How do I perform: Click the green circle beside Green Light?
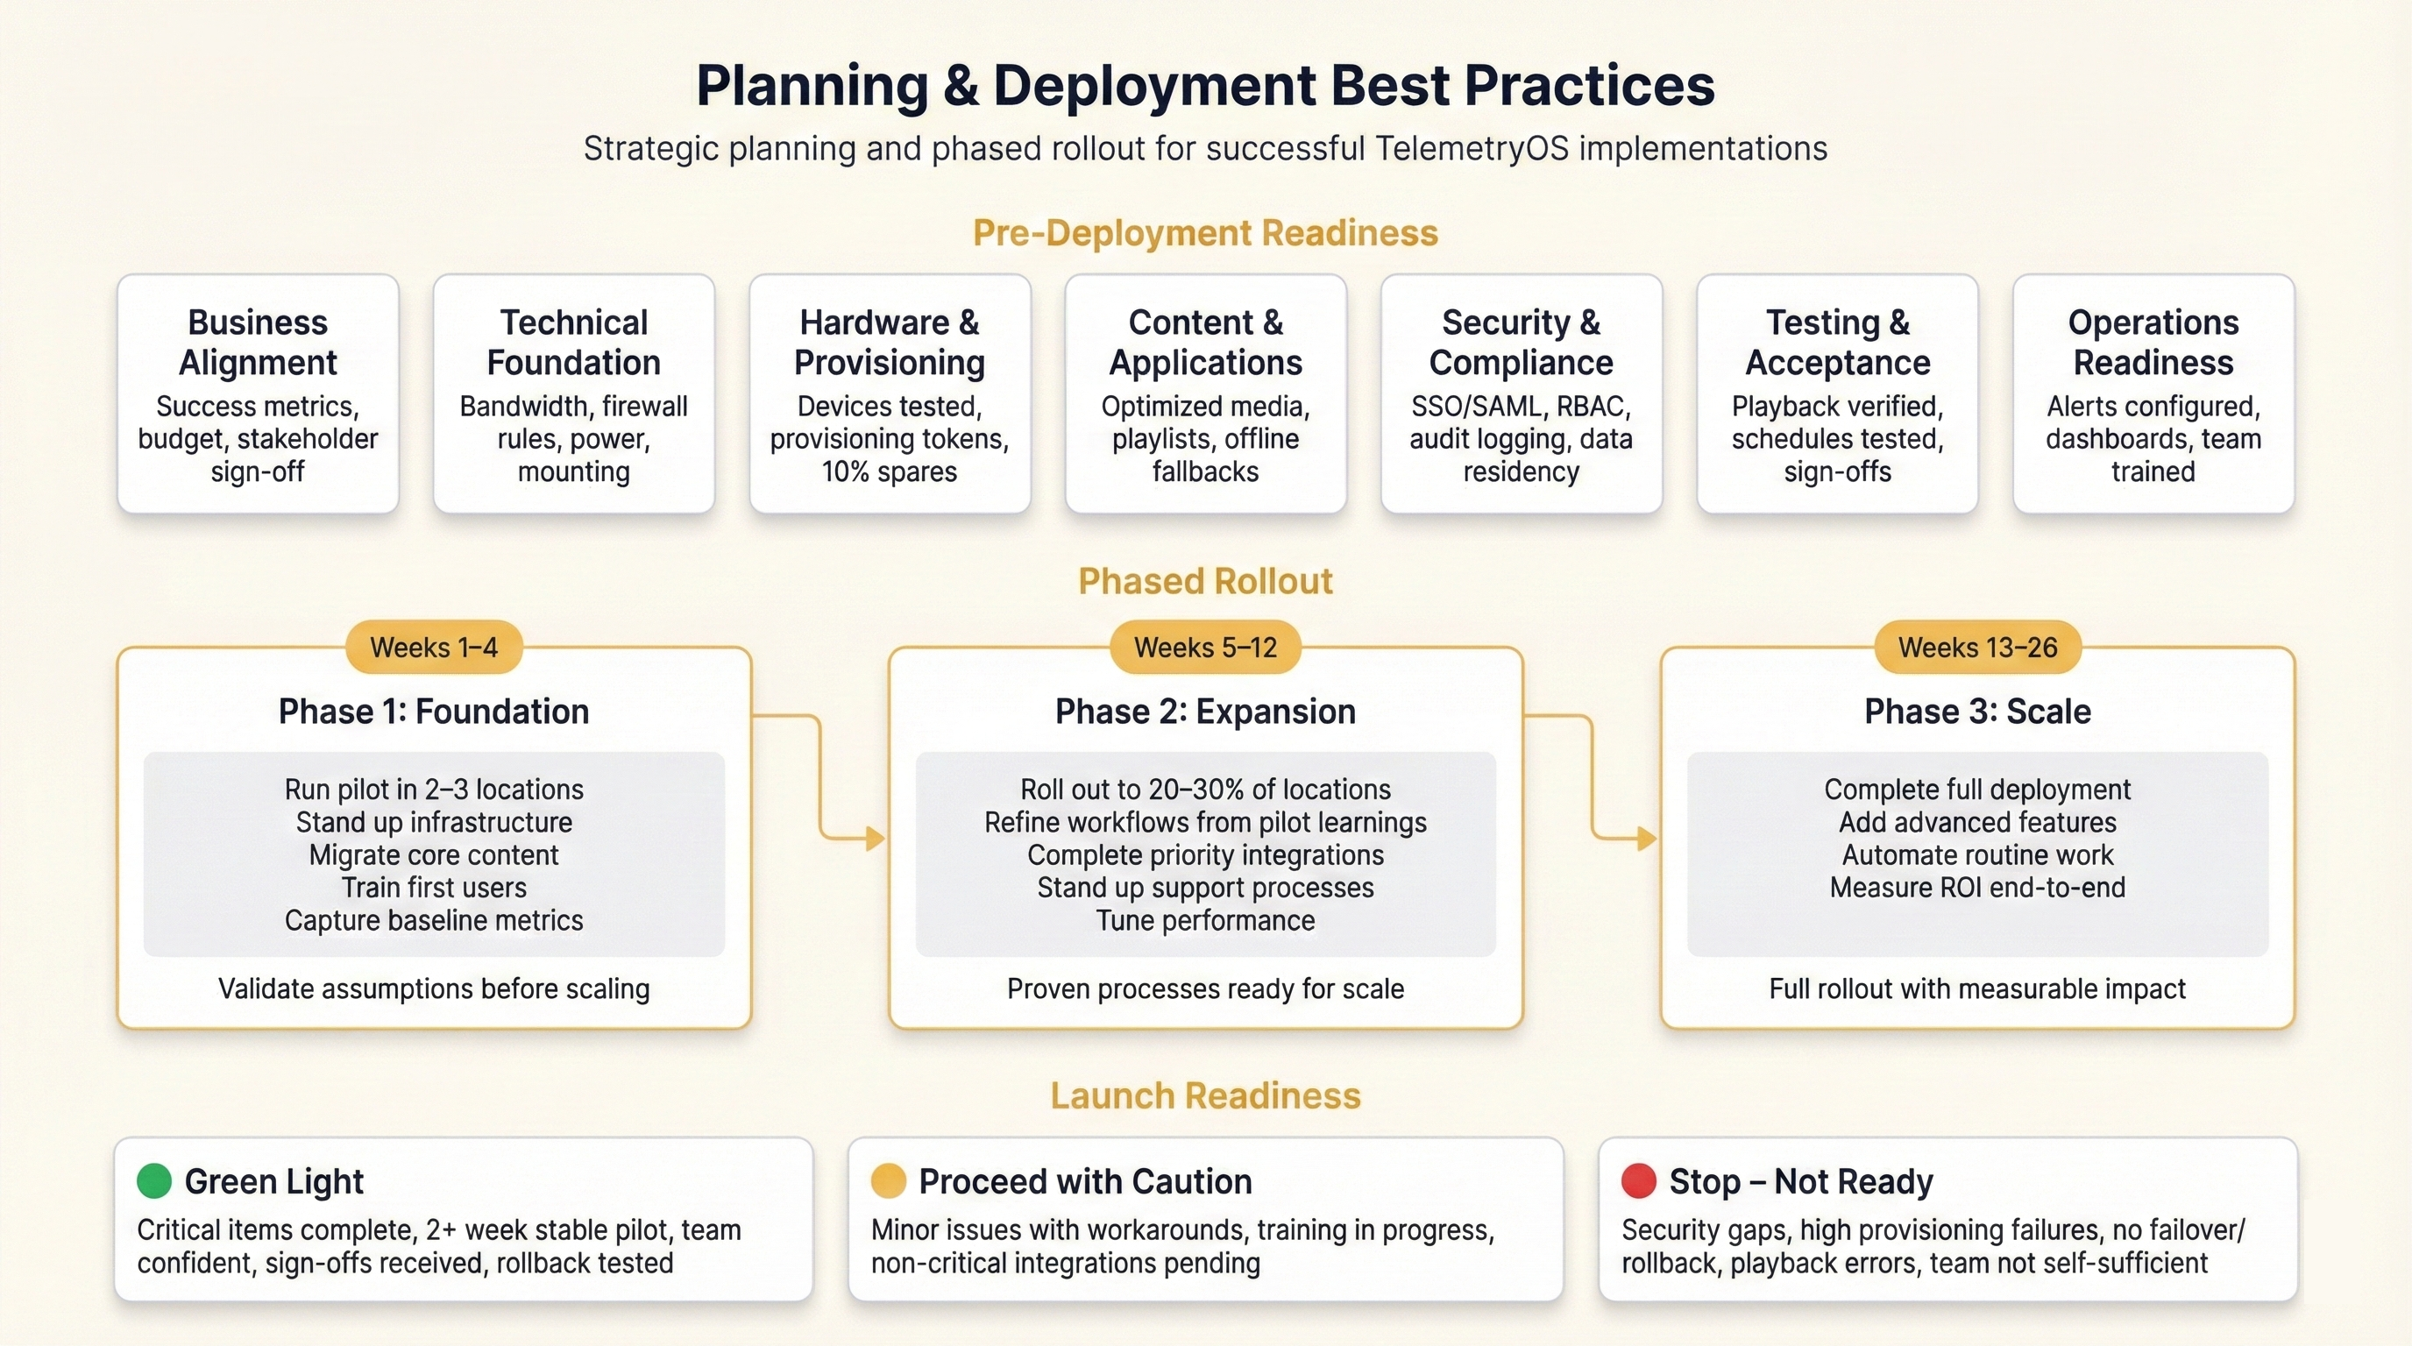[x=154, y=1181]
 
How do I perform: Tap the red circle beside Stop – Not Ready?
[x=1639, y=1181]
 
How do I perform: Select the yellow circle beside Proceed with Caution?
[x=889, y=1181]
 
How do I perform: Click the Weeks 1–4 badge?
[x=435, y=647]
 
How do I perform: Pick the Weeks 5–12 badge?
[x=1206, y=647]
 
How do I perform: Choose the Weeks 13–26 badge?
[x=1977, y=647]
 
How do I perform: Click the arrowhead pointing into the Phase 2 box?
[x=876, y=838]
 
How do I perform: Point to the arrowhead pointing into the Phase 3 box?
[x=1647, y=838]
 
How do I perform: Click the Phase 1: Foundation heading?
[x=435, y=712]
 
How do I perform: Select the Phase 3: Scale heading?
[x=1977, y=712]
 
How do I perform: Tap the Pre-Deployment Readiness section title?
[x=1206, y=233]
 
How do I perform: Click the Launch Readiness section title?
[x=1206, y=1096]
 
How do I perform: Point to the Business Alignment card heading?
[x=259, y=343]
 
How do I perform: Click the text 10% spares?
[x=890, y=471]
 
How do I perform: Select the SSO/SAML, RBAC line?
[x=1522, y=407]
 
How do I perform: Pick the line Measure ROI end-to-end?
[x=1977, y=888]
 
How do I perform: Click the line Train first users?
[x=435, y=888]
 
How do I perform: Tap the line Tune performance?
[x=1206, y=920]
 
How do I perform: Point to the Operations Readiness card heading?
[x=2153, y=343]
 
